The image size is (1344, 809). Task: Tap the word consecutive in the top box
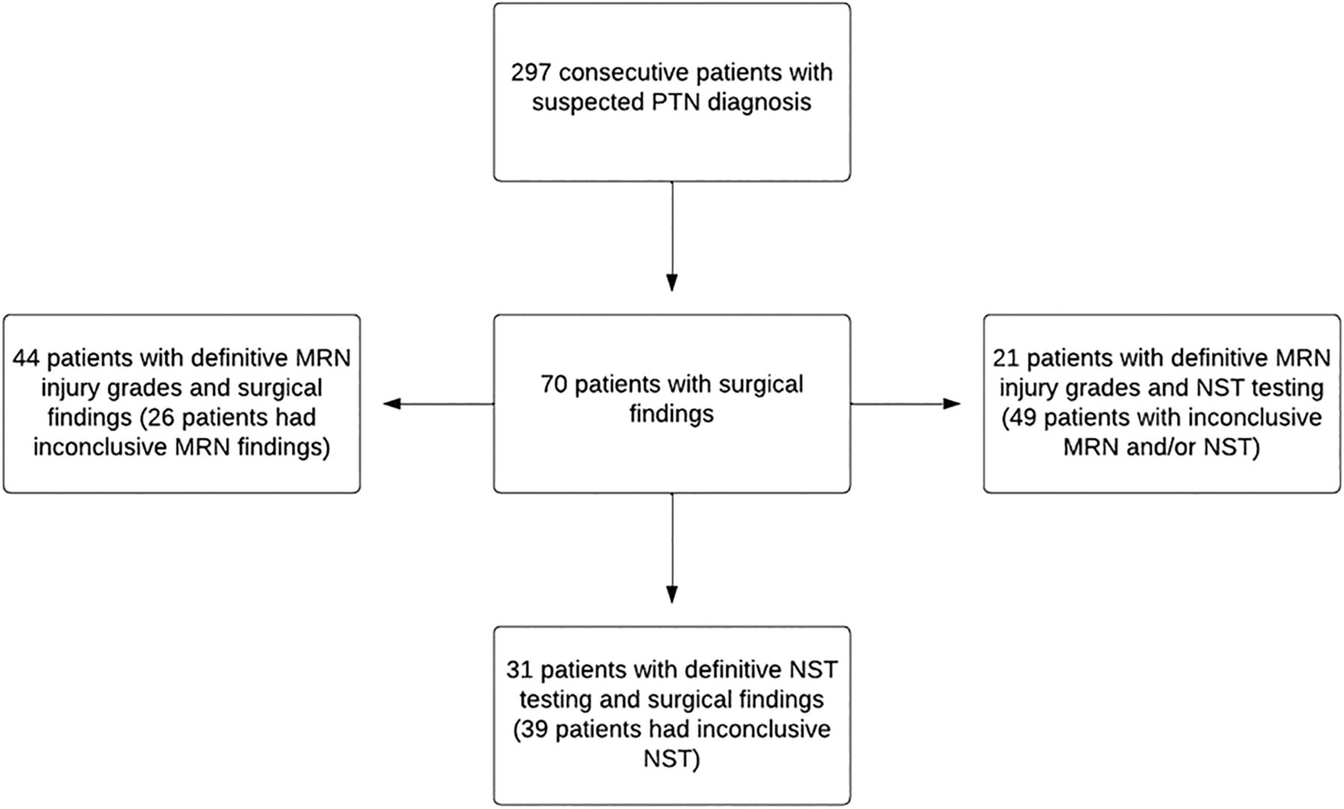click(623, 73)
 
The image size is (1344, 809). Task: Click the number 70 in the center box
click(554, 385)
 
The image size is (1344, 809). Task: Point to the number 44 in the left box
click(26, 358)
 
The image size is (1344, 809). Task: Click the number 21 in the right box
click(1006, 358)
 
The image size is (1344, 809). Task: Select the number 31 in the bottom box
click(519, 670)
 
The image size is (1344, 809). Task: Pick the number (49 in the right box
click(1018, 418)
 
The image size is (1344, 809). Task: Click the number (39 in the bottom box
click(531, 730)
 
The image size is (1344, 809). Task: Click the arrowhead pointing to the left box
click(393, 404)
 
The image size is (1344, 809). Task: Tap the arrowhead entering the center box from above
click(672, 282)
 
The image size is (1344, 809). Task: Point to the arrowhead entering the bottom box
click(672, 594)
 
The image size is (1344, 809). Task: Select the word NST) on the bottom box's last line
click(672, 760)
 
